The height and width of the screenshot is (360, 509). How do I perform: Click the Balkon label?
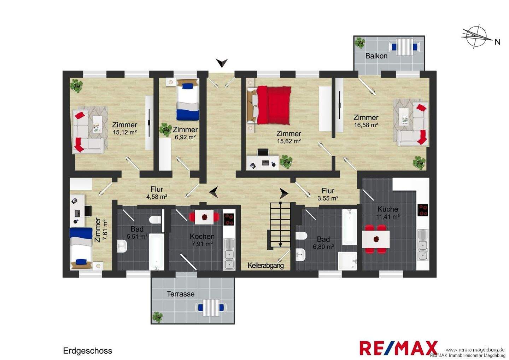point(376,56)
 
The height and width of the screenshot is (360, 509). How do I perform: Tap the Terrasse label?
point(181,294)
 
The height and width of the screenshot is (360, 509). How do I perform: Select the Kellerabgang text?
point(266,265)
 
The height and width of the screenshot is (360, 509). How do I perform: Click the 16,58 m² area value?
point(366,125)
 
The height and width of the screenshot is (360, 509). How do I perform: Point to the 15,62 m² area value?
point(289,141)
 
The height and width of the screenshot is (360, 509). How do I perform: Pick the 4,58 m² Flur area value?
point(157,196)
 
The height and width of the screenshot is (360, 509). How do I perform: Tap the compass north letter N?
point(498,42)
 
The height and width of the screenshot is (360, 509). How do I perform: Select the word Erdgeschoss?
point(88,351)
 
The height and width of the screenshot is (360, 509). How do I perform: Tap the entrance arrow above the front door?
point(222,63)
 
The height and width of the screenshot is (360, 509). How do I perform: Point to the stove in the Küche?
point(423,210)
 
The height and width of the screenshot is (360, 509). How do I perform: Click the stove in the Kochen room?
point(229,219)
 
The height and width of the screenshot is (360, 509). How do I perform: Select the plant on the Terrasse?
point(158,317)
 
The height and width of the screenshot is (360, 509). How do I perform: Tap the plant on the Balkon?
point(360,43)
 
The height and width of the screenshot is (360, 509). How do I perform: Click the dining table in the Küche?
point(376,239)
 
